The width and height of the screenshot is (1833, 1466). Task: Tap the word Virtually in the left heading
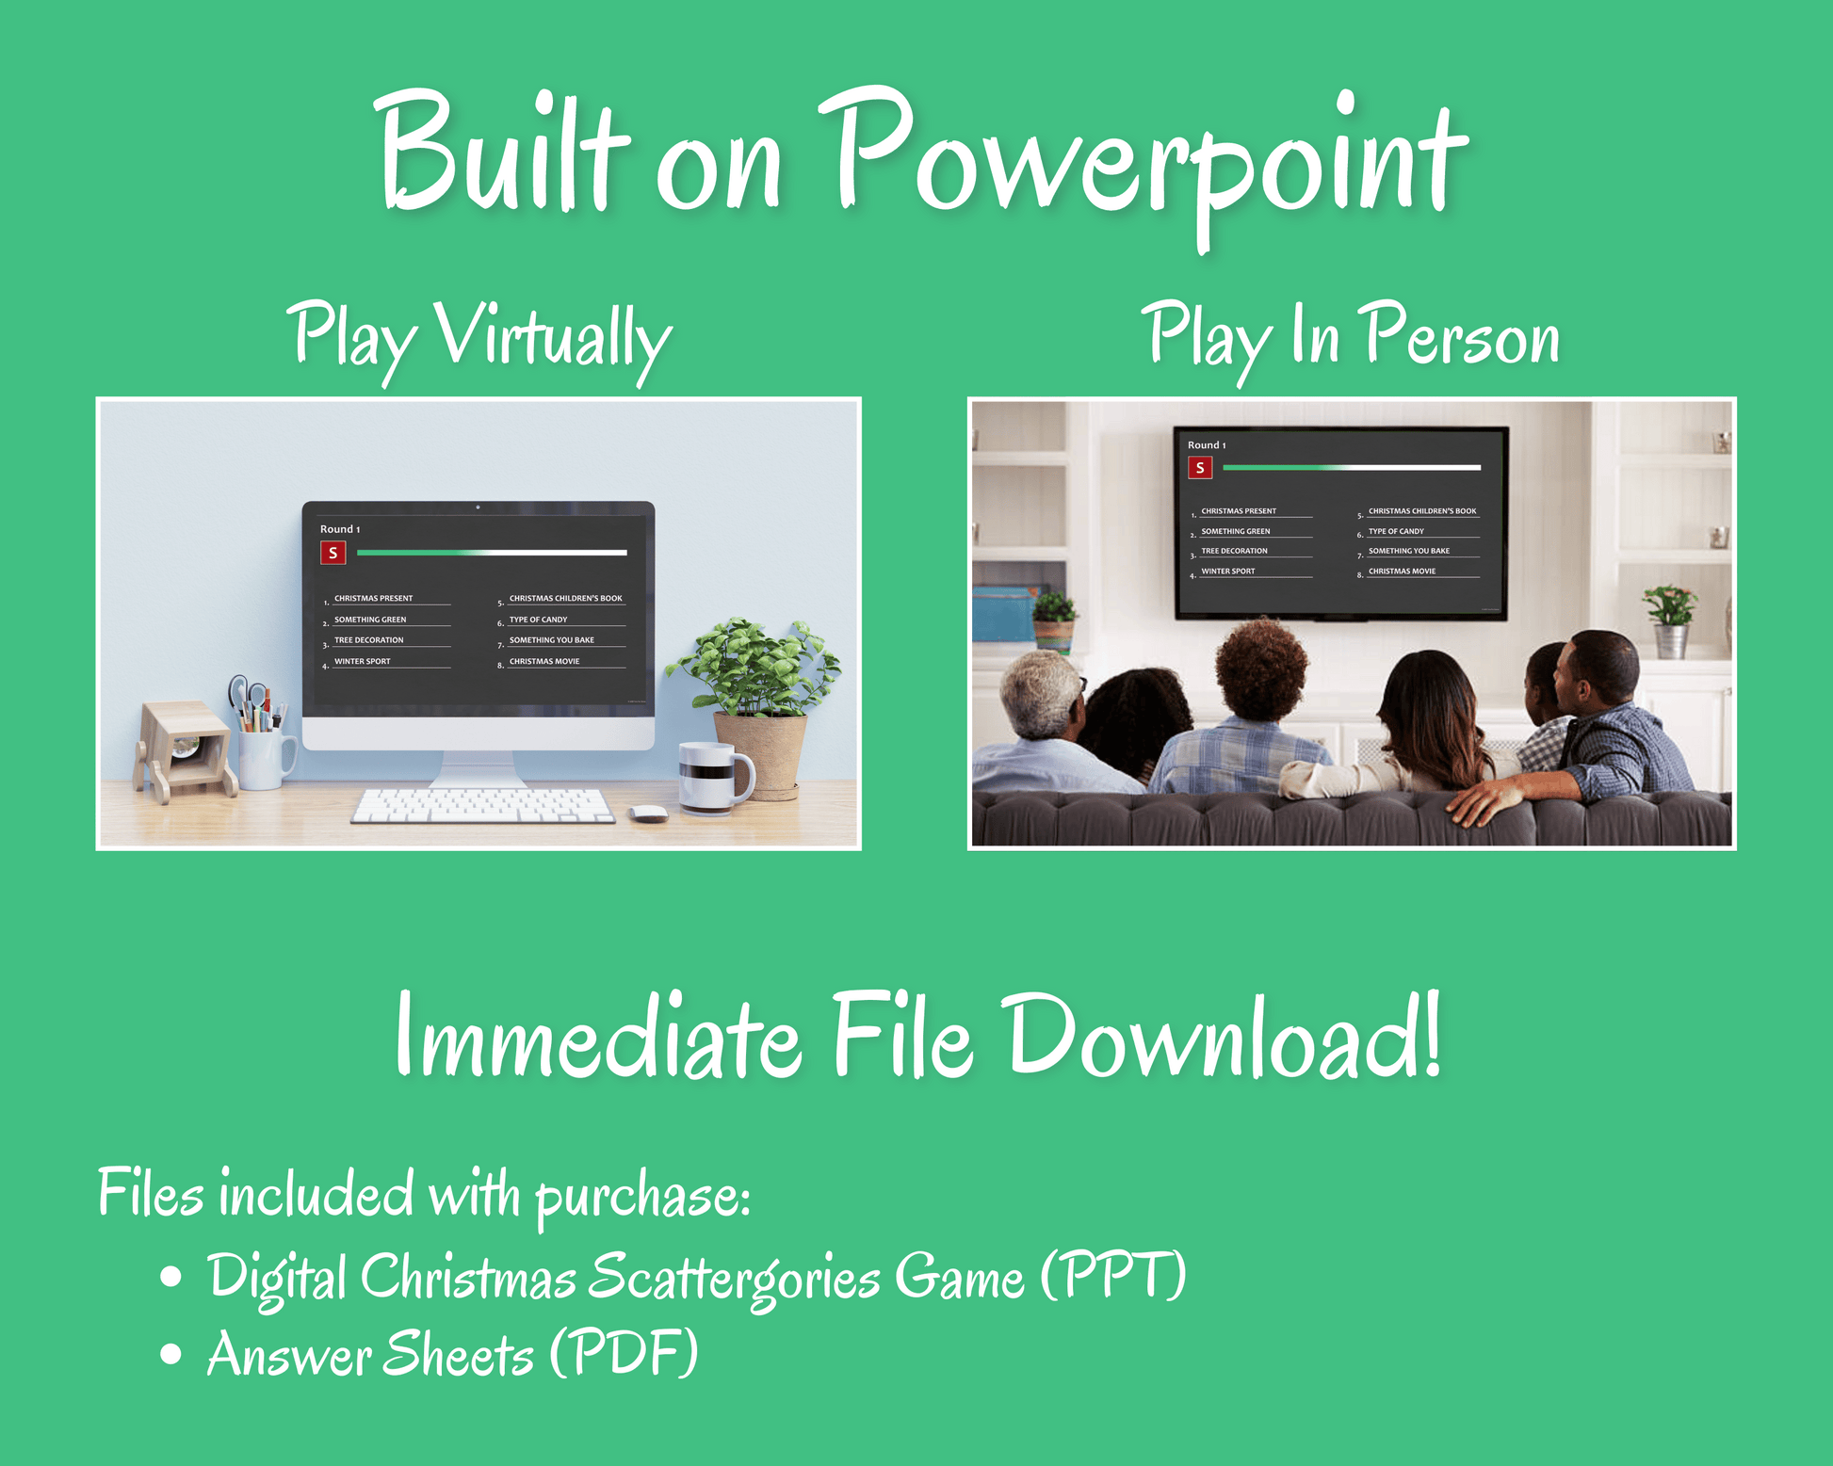[x=553, y=339]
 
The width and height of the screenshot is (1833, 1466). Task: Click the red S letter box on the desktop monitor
[x=333, y=553]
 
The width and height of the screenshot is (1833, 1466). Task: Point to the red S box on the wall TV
[x=1199, y=467]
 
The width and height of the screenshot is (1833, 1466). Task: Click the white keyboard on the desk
[x=483, y=806]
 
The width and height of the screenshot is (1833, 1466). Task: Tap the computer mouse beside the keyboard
[x=648, y=813]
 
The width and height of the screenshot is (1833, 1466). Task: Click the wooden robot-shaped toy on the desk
[x=185, y=749]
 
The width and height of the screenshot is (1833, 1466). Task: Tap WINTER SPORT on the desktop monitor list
[x=363, y=661]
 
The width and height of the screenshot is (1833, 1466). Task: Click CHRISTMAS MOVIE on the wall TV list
[x=1402, y=571]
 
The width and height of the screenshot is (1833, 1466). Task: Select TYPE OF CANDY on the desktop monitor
[x=538, y=620]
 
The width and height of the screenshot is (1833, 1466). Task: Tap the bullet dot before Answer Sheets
[x=170, y=1354]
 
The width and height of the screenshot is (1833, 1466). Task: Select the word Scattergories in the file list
[x=735, y=1279]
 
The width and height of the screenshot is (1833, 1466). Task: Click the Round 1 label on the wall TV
[x=1207, y=444]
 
